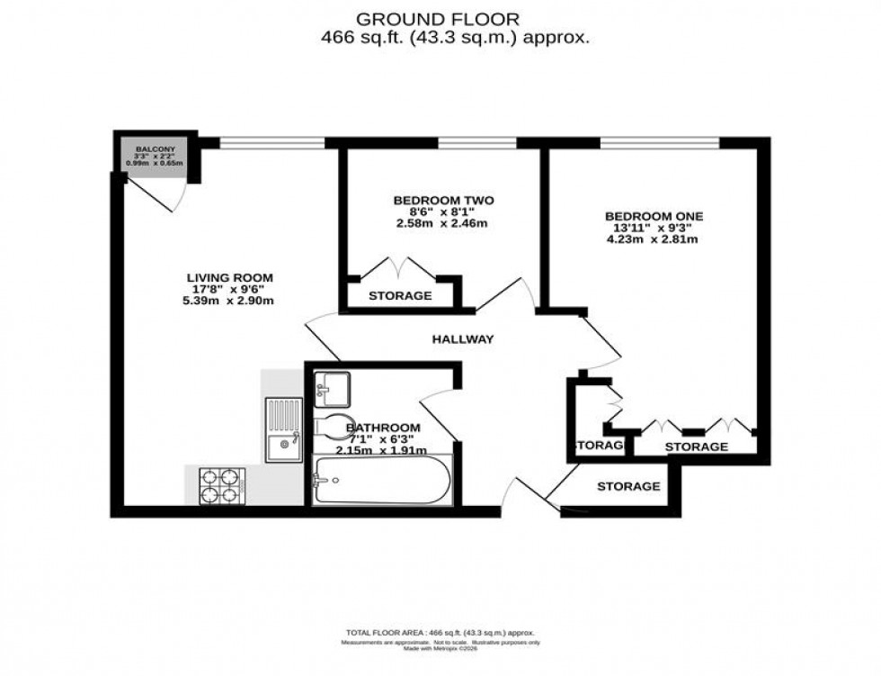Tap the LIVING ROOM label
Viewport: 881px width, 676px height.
[229, 277]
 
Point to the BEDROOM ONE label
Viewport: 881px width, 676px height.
[654, 216]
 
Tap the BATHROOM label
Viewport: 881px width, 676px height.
[383, 427]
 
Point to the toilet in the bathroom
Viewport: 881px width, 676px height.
[331, 427]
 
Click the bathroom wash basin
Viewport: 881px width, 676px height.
[333, 388]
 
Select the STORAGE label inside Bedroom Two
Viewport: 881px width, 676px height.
[400, 295]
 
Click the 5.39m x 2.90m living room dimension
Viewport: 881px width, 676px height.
[229, 301]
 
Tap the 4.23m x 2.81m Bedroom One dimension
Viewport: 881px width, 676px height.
[654, 239]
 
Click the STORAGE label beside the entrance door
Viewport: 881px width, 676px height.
[628, 486]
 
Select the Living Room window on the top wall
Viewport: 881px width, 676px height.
[272, 141]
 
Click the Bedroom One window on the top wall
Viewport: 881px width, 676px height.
[659, 141]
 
